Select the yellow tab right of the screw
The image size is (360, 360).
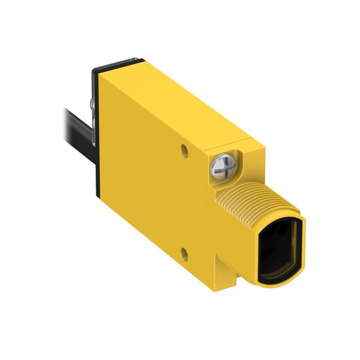[x=243, y=156]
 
